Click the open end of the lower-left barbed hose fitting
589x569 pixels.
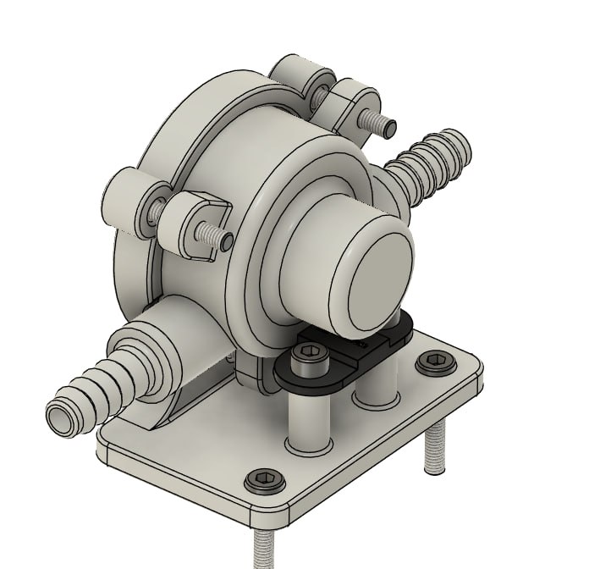[63, 418]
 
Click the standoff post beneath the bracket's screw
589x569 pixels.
[307, 419]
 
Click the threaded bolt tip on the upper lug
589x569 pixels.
[386, 127]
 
